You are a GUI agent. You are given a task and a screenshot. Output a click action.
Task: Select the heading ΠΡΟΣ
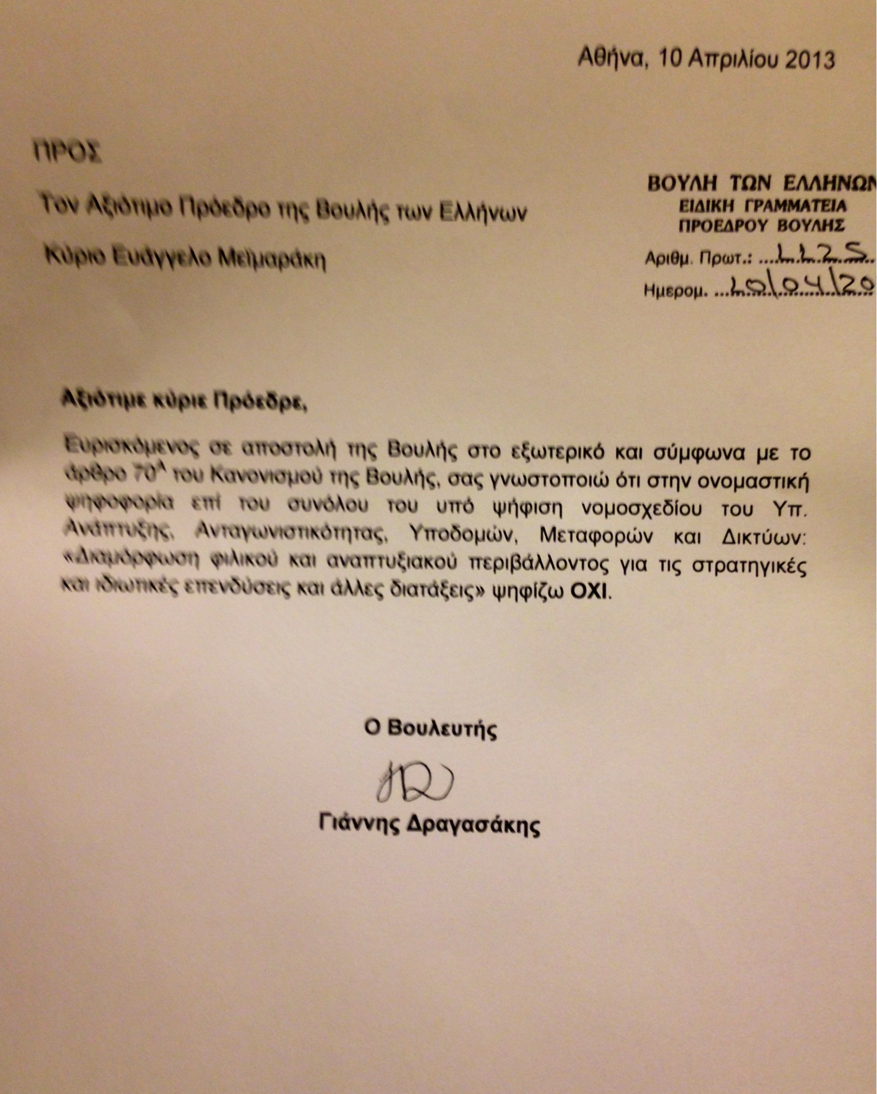pos(67,151)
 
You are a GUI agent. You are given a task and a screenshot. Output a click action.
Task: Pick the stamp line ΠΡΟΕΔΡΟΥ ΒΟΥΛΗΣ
pos(762,226)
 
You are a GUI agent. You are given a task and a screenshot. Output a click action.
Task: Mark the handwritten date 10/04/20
pos(802,287)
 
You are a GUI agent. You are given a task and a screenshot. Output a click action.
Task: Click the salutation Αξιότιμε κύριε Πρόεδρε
pos(184,401)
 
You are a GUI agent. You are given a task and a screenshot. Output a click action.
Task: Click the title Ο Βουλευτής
pos(430,728)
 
